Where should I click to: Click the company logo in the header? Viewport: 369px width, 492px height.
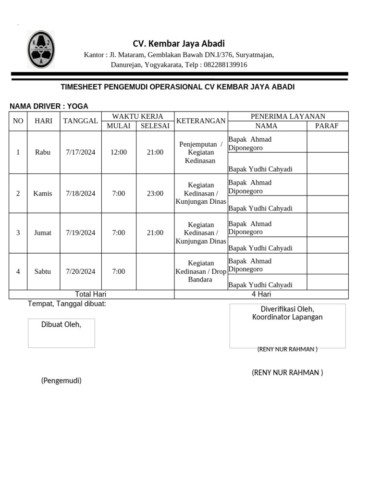click(41, 49)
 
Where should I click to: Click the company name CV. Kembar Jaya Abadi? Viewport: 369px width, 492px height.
click(179, 43)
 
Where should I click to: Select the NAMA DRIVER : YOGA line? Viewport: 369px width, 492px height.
click(49, 106)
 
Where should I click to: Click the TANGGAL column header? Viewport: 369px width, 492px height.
click(80, 121)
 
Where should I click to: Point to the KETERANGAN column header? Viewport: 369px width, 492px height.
click(200, 121)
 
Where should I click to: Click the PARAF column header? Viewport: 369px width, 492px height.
click(327, 126)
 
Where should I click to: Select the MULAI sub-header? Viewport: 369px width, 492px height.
click(118, 126)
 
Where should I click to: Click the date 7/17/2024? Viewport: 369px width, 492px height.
click(80, 152)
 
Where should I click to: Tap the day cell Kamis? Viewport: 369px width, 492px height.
click(43, 193)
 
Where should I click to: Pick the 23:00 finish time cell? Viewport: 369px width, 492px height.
click(155, 193)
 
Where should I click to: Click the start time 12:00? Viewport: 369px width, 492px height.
click(118, 152)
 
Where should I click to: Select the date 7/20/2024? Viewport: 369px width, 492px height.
click(80, 271)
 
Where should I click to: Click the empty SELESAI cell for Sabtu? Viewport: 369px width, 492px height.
click(155, 271)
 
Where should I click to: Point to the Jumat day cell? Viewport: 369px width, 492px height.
click(43, 233)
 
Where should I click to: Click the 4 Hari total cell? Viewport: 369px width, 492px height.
click(261, 294)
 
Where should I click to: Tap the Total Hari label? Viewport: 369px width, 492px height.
click(91, 294)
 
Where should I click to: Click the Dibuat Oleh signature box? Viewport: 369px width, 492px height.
click(61, 333)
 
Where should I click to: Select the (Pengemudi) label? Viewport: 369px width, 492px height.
click(61, 381)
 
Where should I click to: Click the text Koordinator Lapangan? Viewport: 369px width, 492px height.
click(287, 317)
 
